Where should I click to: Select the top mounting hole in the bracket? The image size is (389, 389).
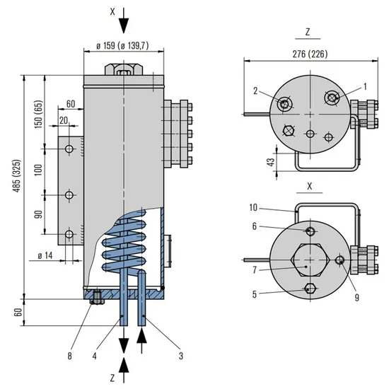tap(69, 149)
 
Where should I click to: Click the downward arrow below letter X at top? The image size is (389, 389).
tap(124, 23)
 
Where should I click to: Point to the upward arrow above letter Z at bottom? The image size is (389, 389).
tap(124, 364)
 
